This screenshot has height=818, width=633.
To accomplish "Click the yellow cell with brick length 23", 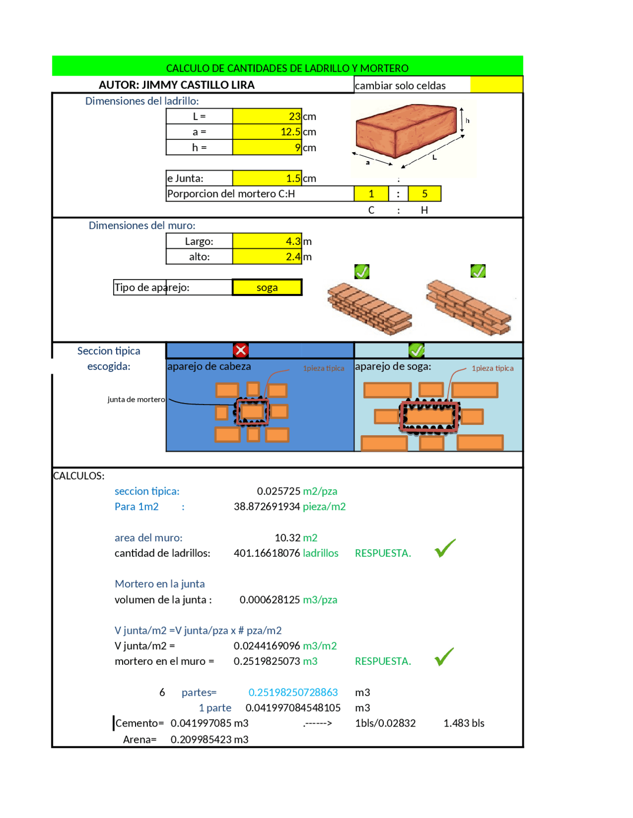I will [x=267, y=116].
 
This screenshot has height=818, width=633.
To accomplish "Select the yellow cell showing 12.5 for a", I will [x=267, y=132].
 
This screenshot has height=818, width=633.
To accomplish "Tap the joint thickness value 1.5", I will [x=267, y=178].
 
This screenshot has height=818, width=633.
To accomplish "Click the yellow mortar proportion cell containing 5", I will [x=424, y=194].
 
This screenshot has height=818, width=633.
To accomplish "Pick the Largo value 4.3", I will [x=267, y=241].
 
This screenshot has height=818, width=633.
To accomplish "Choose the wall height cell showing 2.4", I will [x=267, y=256].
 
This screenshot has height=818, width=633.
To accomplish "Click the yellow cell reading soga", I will [x=267, y=287].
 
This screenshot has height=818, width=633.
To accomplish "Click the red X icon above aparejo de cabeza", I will [x=241, y=350].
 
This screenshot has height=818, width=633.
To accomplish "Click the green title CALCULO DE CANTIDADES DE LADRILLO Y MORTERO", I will [x=287, y=68].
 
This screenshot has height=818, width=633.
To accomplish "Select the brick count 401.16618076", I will [x=267, y=553].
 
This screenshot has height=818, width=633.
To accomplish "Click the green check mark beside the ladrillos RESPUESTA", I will [x=445, y=548].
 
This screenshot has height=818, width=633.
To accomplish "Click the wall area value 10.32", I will [x=287, y=538].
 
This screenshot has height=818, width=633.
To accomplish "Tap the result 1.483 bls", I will [x=463, y=723].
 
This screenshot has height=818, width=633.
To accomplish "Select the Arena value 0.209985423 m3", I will [x=209, y=739].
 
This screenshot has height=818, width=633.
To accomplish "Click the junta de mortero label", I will [x=136, y=400].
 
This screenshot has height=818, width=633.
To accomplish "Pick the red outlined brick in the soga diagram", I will [x=429, y=415].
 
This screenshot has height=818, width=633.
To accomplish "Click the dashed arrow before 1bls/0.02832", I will [x=317, y=724].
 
